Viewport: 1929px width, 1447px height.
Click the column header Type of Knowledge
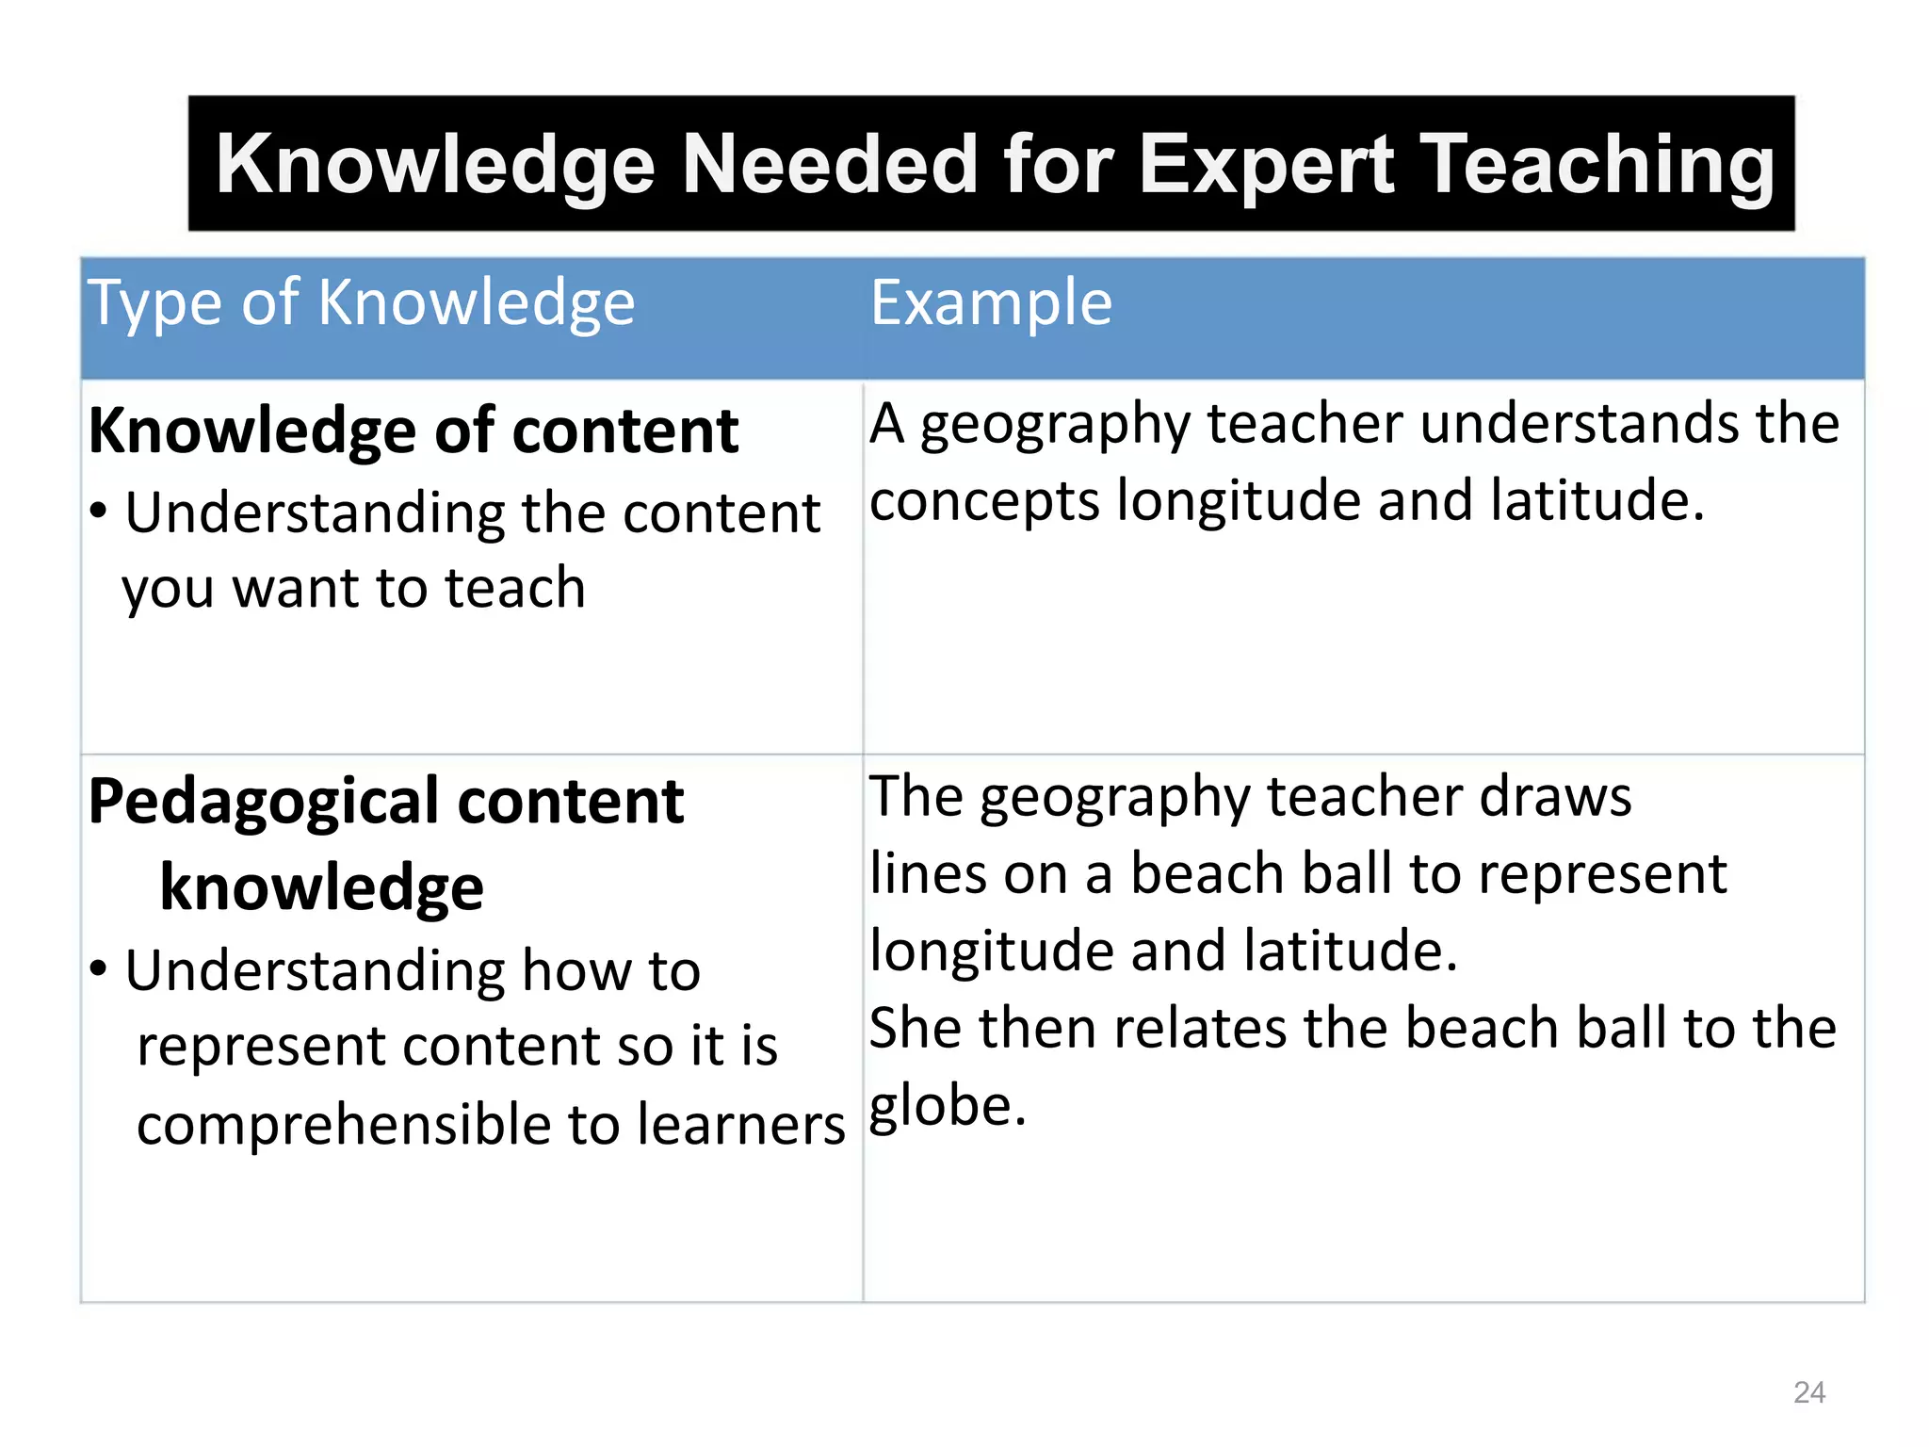click(362, 303)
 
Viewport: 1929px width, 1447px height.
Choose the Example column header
click(991, 303)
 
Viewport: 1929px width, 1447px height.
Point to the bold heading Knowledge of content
click(413, 431)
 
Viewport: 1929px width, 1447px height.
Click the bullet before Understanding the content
click(99, 512)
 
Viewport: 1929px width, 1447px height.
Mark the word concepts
click(984, 500)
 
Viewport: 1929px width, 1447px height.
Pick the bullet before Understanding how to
click(99, 968)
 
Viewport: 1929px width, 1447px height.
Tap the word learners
click(741, 1125)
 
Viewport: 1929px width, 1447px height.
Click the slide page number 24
click(1809, 1391)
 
